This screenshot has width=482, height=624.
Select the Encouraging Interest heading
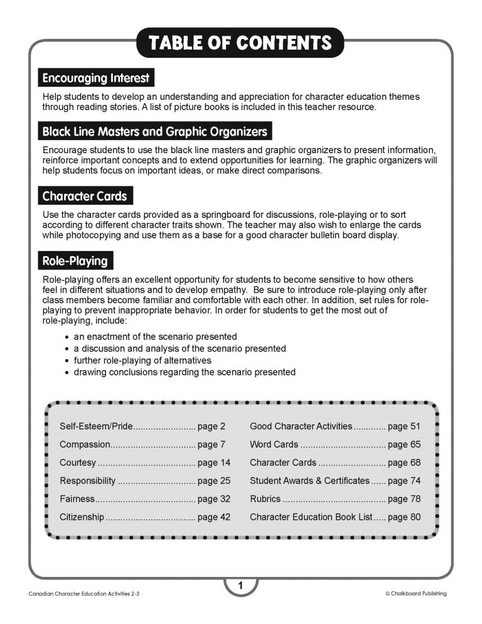95,78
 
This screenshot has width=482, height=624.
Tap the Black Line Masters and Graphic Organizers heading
154,132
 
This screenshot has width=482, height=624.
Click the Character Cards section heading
85,196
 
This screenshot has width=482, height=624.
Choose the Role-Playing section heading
75,261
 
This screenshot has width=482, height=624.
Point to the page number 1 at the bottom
240,586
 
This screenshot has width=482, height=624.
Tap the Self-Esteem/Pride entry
96,426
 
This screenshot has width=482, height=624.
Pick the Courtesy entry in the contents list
78,463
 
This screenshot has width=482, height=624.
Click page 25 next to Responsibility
213,481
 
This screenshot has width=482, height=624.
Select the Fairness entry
77,499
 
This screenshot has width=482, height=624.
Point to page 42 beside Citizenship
213,517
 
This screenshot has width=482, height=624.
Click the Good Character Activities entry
301,426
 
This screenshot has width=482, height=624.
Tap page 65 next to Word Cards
404,444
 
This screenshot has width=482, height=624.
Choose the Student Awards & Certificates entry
309,481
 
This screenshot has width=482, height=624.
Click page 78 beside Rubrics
404,499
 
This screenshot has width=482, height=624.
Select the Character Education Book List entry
311,517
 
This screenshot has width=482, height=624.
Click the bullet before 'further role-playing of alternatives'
67,361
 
